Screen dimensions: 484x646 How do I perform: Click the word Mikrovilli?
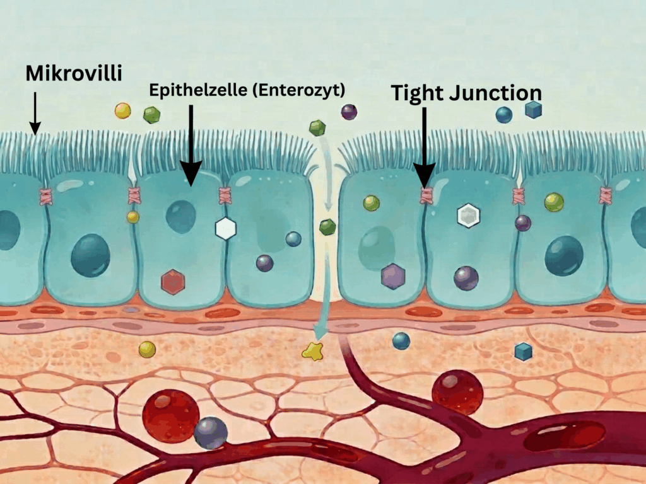[x=73, y=74]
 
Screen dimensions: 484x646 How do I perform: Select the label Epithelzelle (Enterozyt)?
[x=247, y=90]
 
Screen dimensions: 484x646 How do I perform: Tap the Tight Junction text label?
[x=466, y=93]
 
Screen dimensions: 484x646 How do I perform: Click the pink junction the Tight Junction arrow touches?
[x=425, y=195]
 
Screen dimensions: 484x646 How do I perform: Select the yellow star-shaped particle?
[x=312, y=351]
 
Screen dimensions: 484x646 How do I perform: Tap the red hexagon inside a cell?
[x=172, y=282]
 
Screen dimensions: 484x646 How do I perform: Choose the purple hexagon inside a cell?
[x=392, y=276]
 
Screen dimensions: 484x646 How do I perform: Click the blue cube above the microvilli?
[x=534, y=110]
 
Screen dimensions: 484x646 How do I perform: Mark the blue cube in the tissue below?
[x=523, y=351]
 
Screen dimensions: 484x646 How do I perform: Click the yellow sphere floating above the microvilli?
[x=122, y=111]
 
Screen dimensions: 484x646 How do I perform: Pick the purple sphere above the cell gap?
[x=349, y=112]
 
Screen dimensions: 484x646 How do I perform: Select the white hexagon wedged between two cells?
[x=225, y=228]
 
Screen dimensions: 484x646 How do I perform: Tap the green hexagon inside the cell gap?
[x=327, y=227]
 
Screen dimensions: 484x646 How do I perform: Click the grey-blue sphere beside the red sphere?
[x=211, y=432]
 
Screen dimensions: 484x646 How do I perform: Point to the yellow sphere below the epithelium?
[x=147, y=349]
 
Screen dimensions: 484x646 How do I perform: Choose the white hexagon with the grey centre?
[x=467, y=216]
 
